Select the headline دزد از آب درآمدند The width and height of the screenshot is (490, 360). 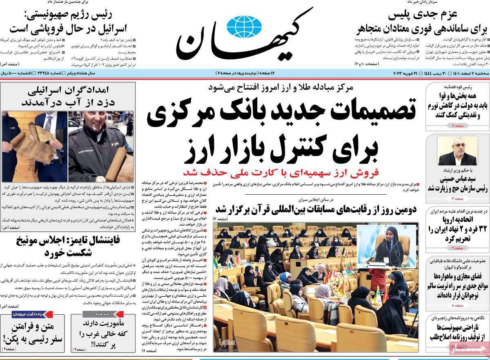(67, 101)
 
